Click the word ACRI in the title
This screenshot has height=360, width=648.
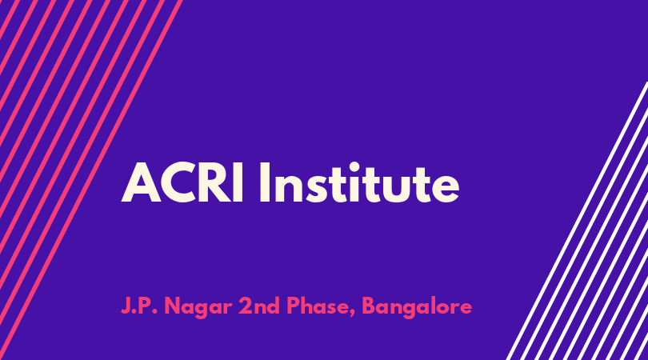pos(182,182)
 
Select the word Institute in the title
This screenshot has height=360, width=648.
pos(359,182)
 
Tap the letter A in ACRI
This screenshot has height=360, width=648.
pos(142,182)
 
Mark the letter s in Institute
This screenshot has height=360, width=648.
pos(313,188)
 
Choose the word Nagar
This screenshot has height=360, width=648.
pos(198,308)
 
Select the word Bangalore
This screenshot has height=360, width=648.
pos(417,307)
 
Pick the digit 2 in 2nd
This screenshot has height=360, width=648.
pos(246,306)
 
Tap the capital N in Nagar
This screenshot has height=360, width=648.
pos(173,306)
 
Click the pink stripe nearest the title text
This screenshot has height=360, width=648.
pos(91,180)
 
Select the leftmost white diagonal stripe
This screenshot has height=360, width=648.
pos(577,221)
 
